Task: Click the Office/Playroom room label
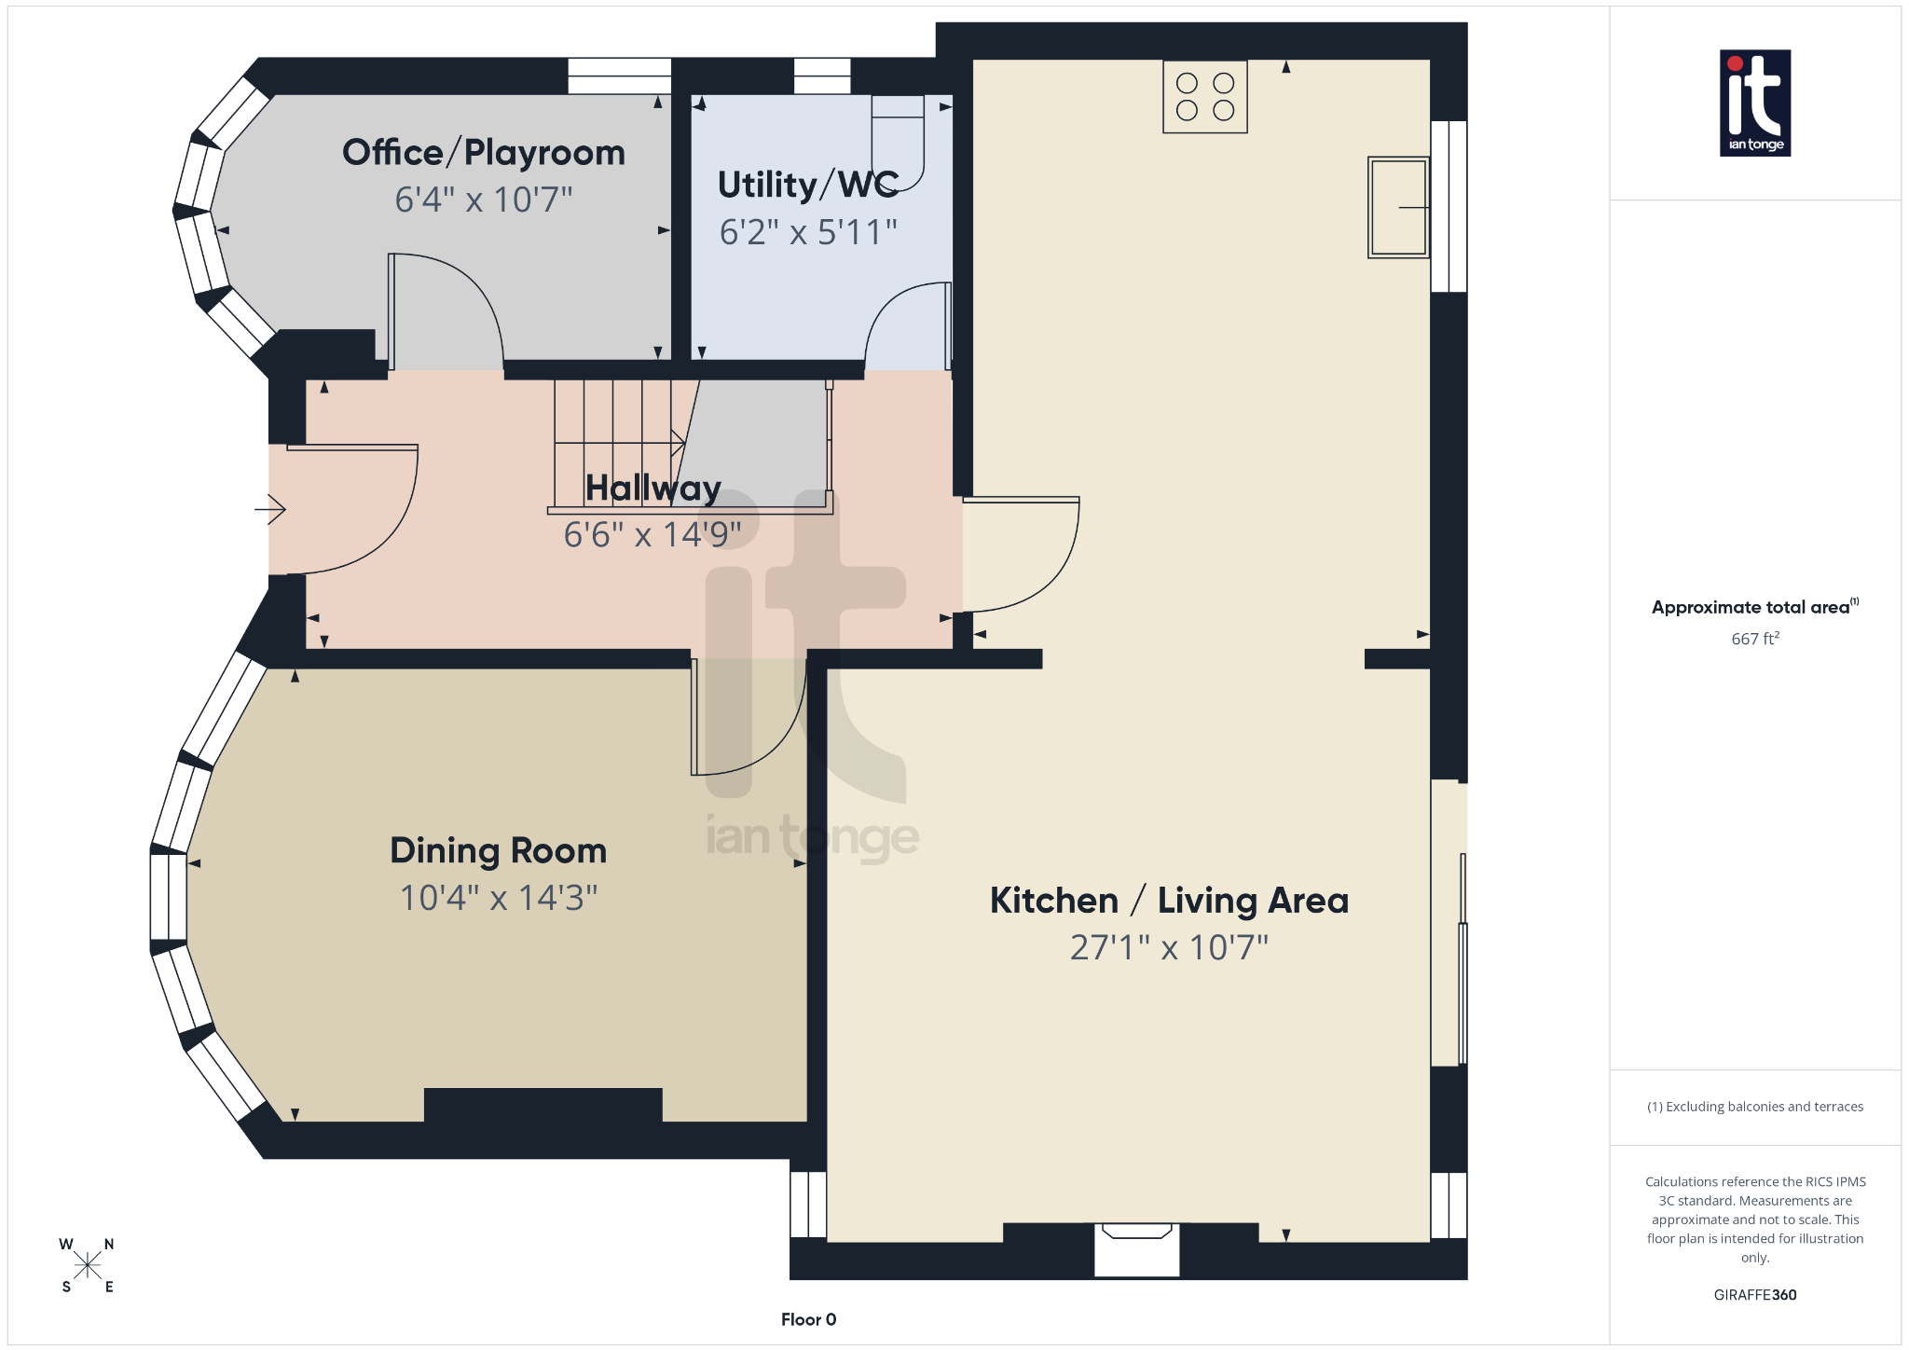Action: [484, 153]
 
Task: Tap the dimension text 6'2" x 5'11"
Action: [808, 232]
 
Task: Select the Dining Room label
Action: [498, 851]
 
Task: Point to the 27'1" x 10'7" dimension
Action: [1169, 948]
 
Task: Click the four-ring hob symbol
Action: [1204, 97]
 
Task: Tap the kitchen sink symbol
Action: [1397, 207]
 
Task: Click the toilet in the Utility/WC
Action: [898, 140]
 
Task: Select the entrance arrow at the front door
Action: [270, 510]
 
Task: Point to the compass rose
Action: [88, 1265]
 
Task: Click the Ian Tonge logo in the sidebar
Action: [1754, 103]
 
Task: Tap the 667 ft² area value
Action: [1754, 639]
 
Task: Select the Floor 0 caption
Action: [808, 1319]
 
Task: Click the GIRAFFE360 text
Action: [1754, 1295]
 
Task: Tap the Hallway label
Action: [652, 489]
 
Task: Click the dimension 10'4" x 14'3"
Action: [498, 898]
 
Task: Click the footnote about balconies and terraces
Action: [1754, 1107]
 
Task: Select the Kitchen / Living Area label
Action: [1169, 901]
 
